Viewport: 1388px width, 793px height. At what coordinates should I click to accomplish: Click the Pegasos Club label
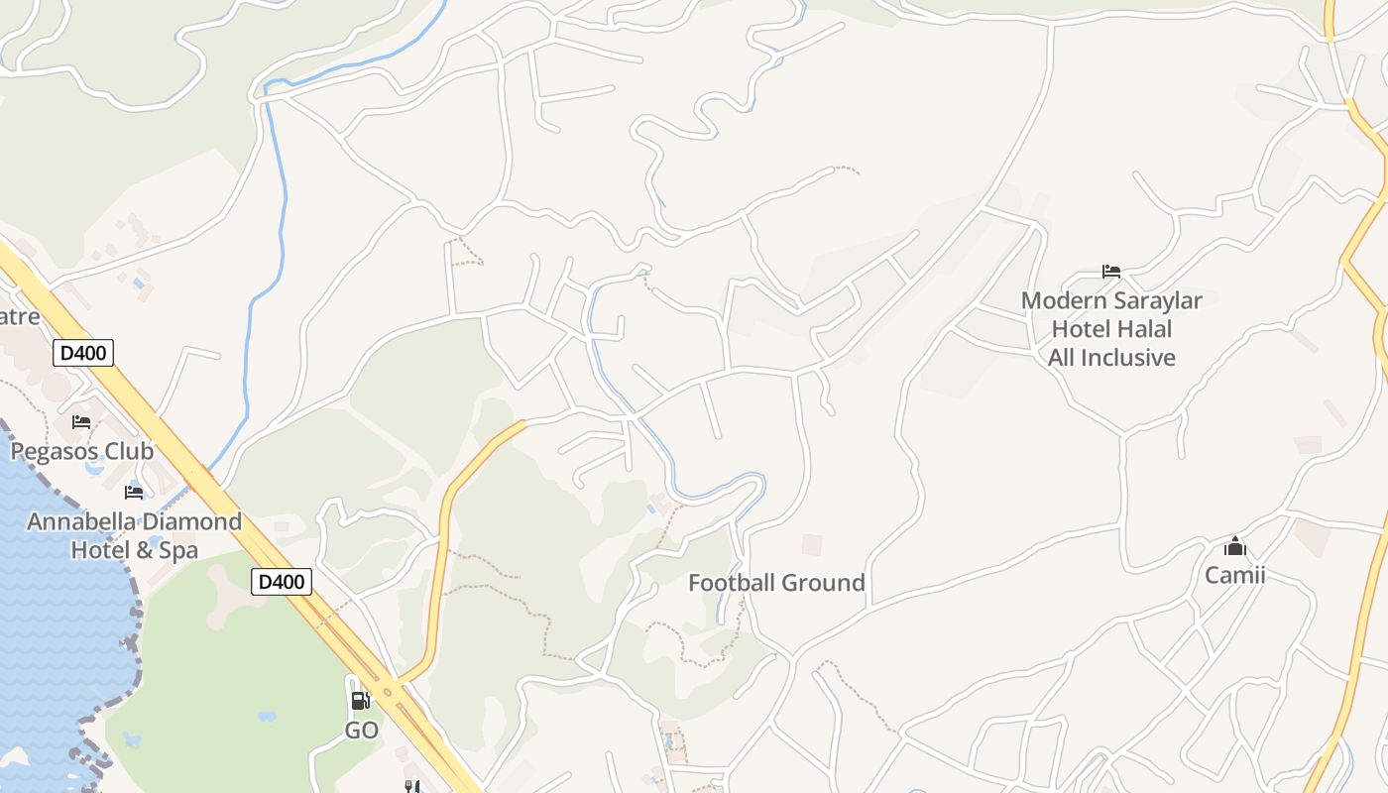(82, 452)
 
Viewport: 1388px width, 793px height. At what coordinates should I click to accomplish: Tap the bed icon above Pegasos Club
(81, 422)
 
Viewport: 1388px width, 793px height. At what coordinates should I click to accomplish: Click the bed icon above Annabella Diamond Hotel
(134, 493)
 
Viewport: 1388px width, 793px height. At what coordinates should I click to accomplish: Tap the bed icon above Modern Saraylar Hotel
(1111, 272)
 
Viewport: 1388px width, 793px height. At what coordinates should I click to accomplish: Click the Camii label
(1234, 575)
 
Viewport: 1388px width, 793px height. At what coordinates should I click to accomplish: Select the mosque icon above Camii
(1234, 546)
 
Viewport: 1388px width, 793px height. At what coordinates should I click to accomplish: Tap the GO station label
(362, 731)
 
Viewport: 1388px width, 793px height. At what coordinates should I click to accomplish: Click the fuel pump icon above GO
(361, 701)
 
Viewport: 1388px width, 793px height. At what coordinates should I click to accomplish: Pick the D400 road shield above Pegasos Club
(83, 353)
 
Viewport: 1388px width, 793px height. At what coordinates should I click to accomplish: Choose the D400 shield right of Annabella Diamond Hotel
(281, 582)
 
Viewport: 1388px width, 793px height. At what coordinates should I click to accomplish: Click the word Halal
(1140, 329)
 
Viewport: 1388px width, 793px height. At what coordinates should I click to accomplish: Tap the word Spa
(179, 550)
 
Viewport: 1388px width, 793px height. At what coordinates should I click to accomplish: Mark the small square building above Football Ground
(812, 545)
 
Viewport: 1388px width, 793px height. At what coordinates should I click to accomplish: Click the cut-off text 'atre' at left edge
(20, 317)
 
